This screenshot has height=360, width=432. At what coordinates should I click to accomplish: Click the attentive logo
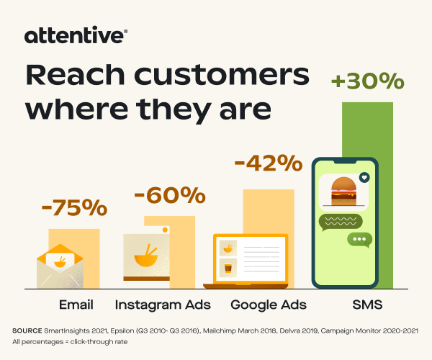pyautogui.click(x=76, y=35)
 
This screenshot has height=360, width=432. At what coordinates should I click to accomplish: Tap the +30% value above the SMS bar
pyautogui.click(x=367, y=81)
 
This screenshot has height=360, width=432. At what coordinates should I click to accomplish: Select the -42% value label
pyautogui.click(x=269, y=163)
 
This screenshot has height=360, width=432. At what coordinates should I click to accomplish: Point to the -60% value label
pyautogui.click(x=170, y=195)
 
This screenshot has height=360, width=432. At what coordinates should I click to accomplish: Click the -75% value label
pyautogui.click(x=74, y=207)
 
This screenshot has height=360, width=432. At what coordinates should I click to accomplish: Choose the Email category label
pyautogui.click(x=76, y=305)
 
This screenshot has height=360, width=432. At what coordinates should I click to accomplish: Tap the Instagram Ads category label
pyautogui.click(x=163, y=305)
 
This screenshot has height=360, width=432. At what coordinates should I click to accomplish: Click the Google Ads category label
pyautogui.click(x=269, y=305)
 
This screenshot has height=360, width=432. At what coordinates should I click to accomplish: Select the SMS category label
pyautogui.click(x=367, y=305)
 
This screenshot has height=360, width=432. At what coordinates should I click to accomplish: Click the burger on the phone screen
pyautogui.click(x=343, y=191)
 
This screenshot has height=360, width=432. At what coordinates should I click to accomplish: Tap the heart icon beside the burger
pyautogui.click(x=364, y=178)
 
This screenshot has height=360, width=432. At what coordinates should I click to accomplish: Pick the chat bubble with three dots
pyautogui.click(x=359, y=239)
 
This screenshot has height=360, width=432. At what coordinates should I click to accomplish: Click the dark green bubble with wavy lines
pyautogui.click(x=341, y=222)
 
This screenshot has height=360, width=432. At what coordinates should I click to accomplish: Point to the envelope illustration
pyautogui.click(x=60, y=266)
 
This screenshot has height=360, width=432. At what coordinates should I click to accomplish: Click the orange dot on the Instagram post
pyautogui.click(x=165, y=230)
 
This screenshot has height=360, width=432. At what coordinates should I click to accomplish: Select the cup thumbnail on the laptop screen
pyautogui.click(x=228, y=268)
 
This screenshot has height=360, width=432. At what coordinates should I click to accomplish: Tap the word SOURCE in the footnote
pyautogui.click(x=27, y=330)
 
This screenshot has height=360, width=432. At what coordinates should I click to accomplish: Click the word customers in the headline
pyautogui.click(x=222, y=75)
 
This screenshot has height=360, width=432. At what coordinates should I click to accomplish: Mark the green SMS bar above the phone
pyautogui.click(x=367, y=130)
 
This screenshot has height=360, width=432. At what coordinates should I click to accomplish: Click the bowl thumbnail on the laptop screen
pyautogui.click(x=228, y=248)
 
